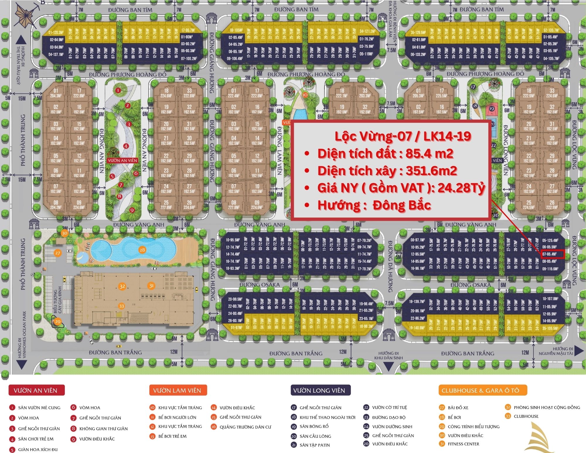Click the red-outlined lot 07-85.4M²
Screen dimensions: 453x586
coord(552,254)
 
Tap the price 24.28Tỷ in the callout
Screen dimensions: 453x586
coord(461,188)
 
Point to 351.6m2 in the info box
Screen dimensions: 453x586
coord(431,171)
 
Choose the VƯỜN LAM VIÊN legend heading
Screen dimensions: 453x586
coord(178,390)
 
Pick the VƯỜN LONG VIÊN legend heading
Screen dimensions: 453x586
coord(320,390)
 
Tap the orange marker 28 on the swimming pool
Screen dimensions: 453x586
coord(142,250)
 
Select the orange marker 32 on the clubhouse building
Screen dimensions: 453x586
coord(122,286)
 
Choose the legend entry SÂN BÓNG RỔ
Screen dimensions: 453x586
coord(314,426)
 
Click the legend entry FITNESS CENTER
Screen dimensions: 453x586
coord(463,444)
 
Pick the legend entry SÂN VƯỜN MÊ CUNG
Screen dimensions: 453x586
coord(39,408)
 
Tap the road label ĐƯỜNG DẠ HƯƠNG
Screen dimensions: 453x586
coord(390,267)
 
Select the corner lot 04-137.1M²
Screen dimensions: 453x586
coord(56,54)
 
